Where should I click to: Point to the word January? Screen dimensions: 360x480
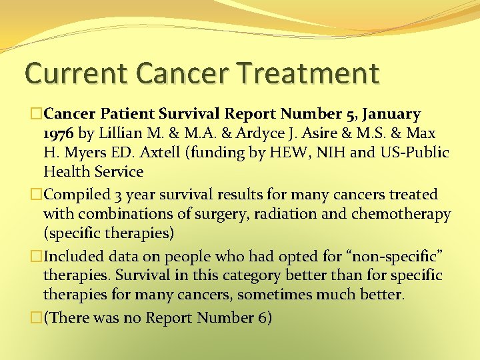click(x=387, y=114)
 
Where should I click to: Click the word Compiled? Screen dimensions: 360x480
click(x=74, y=195)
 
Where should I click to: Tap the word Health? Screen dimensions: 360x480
click(x=66, y=171)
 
